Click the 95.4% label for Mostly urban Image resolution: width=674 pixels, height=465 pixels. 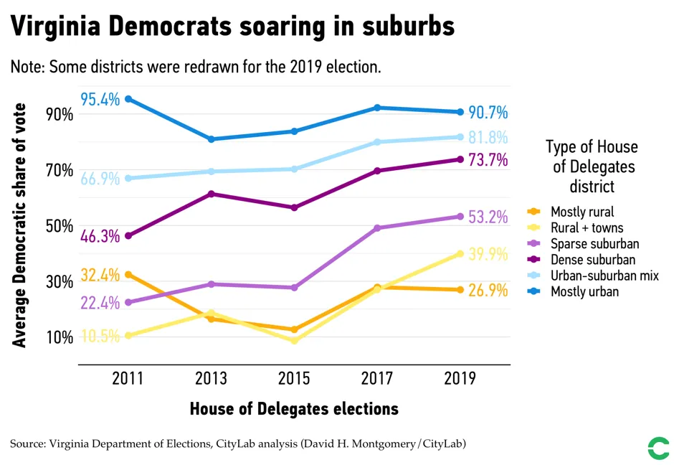pos(100,99)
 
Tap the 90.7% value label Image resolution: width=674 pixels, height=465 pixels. pos(488,113)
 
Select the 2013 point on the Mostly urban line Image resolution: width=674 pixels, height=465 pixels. pos(212,139)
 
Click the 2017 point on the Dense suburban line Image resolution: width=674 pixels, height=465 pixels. pos(378,171)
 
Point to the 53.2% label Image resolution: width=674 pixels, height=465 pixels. pos(488,217)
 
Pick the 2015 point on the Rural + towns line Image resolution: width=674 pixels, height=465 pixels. pos(295,340)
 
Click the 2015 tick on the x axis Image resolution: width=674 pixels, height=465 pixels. pos(295,378)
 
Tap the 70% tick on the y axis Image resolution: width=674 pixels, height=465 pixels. pos(60,171)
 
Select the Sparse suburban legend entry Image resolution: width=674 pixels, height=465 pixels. pos(594,244)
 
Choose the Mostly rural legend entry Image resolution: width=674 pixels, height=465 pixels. pos(582,212)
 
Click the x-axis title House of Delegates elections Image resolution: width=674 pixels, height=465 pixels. pos(294,409)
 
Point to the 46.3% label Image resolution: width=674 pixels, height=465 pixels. pos(100,235)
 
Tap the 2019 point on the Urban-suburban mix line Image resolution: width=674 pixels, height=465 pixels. pos(460,137)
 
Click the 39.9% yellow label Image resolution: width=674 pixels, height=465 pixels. pos(488,254)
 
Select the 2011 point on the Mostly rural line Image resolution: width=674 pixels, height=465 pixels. pos(128,275)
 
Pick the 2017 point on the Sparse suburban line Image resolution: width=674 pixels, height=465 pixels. pos(378,228)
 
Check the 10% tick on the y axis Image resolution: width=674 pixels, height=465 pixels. pos(60,337)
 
